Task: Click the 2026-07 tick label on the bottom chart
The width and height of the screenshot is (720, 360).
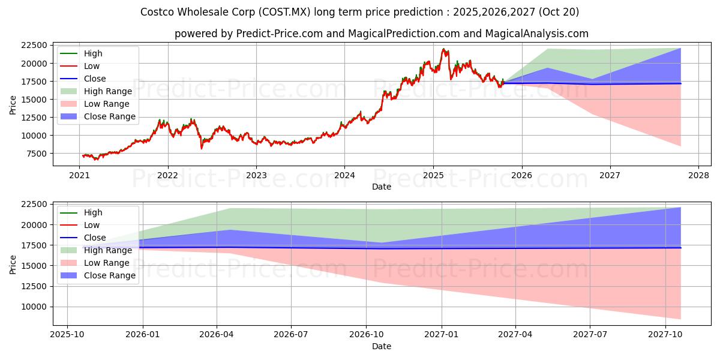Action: (291, 334)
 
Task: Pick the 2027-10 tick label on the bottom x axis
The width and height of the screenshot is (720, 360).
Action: (666, 334)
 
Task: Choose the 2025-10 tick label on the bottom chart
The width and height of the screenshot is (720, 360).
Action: (67, 334)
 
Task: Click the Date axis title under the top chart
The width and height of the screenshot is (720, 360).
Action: (381, 187)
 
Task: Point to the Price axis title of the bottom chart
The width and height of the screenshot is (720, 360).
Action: (13, 264)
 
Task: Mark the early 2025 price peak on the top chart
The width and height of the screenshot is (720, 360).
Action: (444, 49)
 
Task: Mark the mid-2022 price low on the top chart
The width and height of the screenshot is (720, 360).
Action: (202, 148)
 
